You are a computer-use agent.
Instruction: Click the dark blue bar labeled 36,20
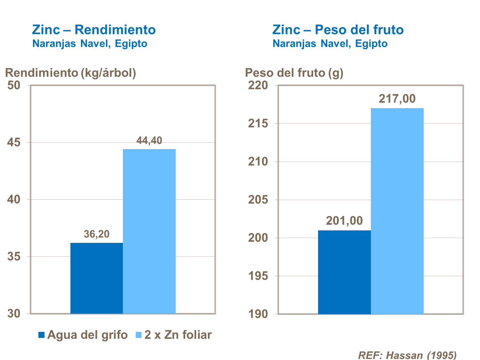coord(97,278)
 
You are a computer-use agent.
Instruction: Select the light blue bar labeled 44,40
coord(149,231)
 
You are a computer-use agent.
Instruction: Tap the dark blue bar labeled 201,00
coord(344,272)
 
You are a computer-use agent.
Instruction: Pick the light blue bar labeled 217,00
coord(397,211)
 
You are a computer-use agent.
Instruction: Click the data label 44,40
coord(149,140)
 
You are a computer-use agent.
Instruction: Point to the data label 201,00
coord(344,221)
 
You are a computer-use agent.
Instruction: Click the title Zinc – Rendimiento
coord(94,30)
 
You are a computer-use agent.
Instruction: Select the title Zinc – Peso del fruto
coord(338,30)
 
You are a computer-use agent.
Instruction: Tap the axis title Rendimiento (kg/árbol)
coord(71,73)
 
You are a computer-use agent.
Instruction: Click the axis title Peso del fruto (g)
coord(294,73)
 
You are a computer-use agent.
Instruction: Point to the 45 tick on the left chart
coord(14,143)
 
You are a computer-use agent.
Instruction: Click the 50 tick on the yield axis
coord(14,85)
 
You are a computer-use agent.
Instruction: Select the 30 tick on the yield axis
coord(14,314)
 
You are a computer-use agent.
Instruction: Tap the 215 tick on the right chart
coord(258,124)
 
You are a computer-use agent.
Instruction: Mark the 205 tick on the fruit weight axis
coord(258,200)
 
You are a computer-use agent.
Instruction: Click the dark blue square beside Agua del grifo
coord(42,335)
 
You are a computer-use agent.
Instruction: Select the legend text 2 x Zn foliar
coord(178,335)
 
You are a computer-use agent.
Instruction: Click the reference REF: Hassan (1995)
coord(407,355)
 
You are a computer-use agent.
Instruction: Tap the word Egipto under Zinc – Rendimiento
coord(131,44)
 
